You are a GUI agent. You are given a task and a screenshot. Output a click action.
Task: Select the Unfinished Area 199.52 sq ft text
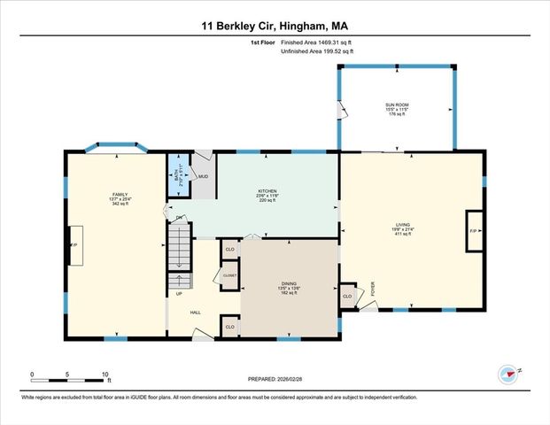tap(317, 52)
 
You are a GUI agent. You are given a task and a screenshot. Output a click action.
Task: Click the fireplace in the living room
tap(473, 231)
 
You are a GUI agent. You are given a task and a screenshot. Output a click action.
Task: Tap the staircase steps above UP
tap(180, 248)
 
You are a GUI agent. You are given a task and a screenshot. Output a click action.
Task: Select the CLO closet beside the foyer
tap(348, 295)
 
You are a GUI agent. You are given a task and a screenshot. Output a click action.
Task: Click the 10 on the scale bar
tap(105, 375)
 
